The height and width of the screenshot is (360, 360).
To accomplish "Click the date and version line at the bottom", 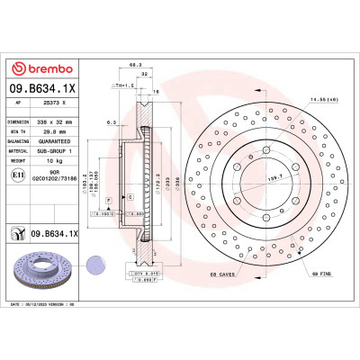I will pos(49,306).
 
